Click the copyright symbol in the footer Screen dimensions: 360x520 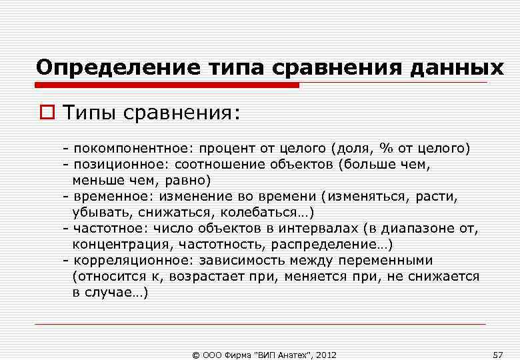196,354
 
